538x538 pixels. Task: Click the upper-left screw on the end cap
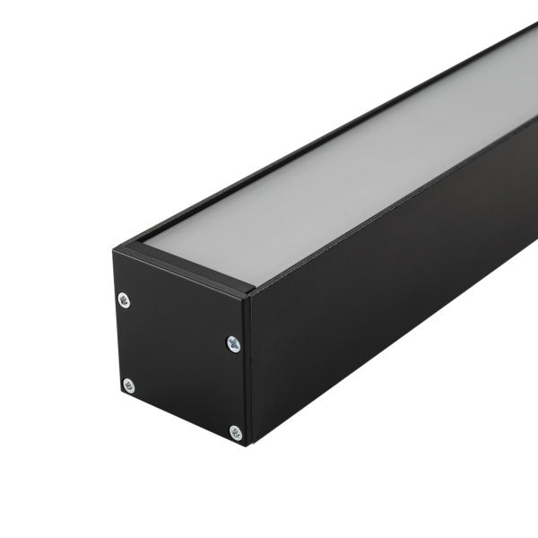coord(124,299)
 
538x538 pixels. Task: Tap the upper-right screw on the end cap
coord(233,343)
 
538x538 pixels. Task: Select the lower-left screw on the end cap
coord(128,386)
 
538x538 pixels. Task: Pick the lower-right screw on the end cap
coord(236,433)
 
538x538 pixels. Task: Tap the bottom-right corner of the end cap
coord(249,446)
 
